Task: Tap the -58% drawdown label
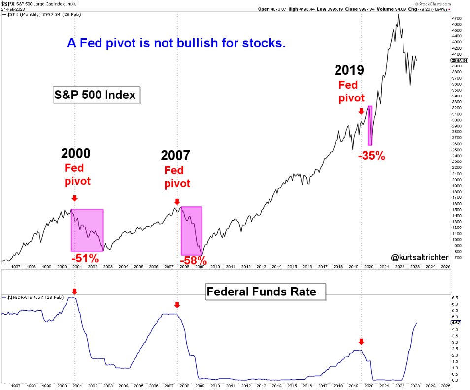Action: [193, 261]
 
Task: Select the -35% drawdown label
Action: [371, 156]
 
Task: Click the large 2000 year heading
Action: [75, 154]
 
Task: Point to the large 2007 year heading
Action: [175, 156]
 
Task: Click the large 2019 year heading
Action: [350, 70]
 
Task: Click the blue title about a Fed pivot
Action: [176, 43]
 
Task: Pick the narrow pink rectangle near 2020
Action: [370, 125]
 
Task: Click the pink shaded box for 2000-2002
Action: [87, 230]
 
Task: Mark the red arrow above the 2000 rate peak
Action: [74, 292]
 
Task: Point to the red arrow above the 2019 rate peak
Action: [361, 341]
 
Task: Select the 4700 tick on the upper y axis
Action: [456, 18]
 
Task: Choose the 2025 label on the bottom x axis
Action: [445, 385]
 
